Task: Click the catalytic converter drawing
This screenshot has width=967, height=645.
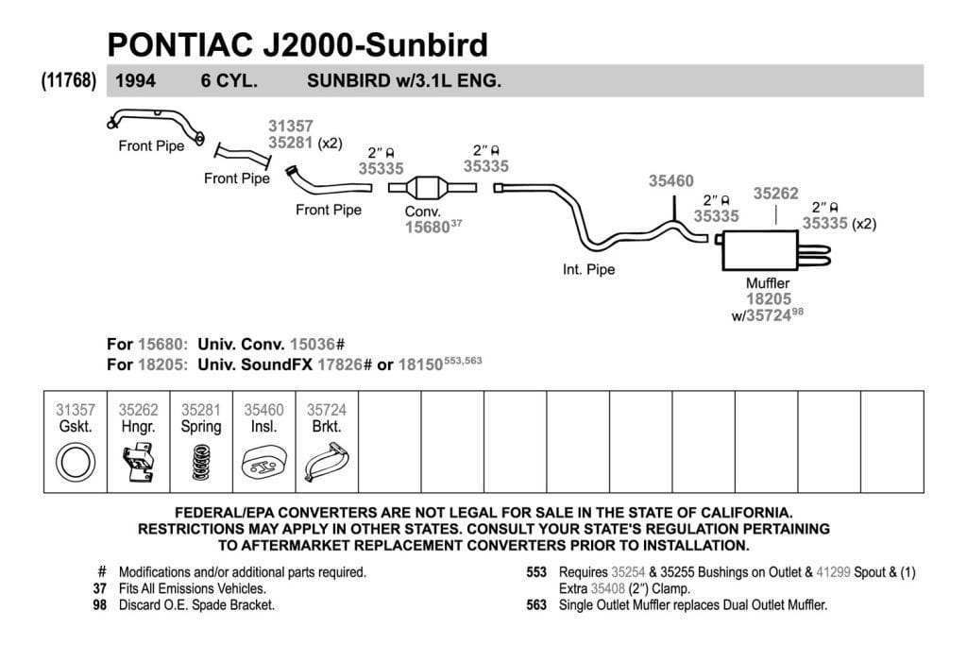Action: (x=433, y=188)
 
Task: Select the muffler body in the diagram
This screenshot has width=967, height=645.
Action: (x=760, y=250)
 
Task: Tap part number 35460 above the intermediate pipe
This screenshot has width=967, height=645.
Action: (x=671, y=180)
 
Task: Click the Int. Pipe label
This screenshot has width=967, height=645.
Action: (x=588, y=269)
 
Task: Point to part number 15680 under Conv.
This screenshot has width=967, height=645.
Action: (x=427, y=228)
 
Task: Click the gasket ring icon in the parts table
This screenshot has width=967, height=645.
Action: (x=76, y=463)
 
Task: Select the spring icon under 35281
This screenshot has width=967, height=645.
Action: (x=200, y=463)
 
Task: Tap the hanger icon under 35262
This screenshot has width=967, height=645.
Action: (x=138, y=463)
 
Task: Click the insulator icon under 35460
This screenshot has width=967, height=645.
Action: (x=263, y=464)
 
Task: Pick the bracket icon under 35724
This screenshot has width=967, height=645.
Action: (x=326, y=464)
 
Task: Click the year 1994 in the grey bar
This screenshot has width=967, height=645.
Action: (x=136, y=81)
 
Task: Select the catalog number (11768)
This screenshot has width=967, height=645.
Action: (x=69, y=81)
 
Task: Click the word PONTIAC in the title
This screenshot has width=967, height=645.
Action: (x=180, y=44)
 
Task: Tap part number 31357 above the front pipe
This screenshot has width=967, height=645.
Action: (x=291, y=126)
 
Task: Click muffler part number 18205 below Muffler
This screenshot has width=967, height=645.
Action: (x=769, y=299)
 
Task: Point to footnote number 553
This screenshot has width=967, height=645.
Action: (x=536, y=572)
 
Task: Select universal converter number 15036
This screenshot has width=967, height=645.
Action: (x=314, y=344)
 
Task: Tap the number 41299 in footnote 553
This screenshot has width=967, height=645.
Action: (x=833, y=572)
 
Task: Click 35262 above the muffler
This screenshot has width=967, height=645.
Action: (x=776, y=193)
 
